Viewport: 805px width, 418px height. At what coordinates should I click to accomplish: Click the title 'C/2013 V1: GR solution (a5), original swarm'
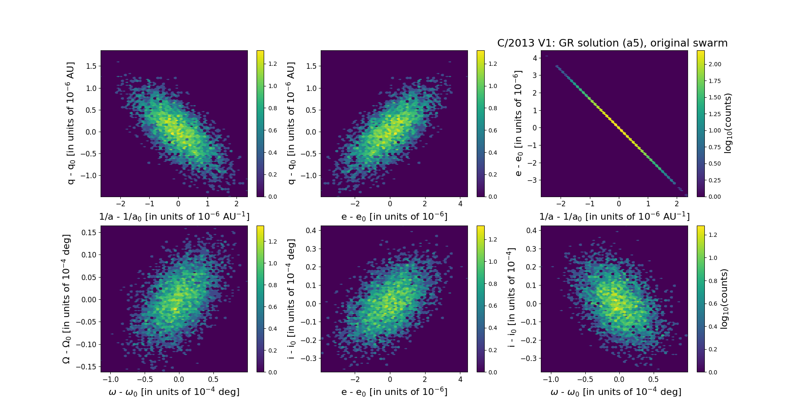coord(612,43)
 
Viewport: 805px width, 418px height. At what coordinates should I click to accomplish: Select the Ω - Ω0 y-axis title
coord(66,299)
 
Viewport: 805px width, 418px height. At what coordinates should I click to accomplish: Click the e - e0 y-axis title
coord(519,123)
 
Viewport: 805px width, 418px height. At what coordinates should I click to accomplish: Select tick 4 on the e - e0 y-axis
coord(535,58)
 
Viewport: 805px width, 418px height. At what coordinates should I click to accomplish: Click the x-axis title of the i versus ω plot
coord(615,392)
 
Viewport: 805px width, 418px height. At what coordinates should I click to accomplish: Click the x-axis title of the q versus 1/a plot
coord(174,216)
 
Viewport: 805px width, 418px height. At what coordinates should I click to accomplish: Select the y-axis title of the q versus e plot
coord(291,123)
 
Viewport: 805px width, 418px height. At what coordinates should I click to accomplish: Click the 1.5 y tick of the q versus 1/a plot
coord(91,66)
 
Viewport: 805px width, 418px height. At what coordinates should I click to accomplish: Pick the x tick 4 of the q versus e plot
coord(460,204)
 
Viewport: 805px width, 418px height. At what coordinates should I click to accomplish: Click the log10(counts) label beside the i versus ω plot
coord(724,299)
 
